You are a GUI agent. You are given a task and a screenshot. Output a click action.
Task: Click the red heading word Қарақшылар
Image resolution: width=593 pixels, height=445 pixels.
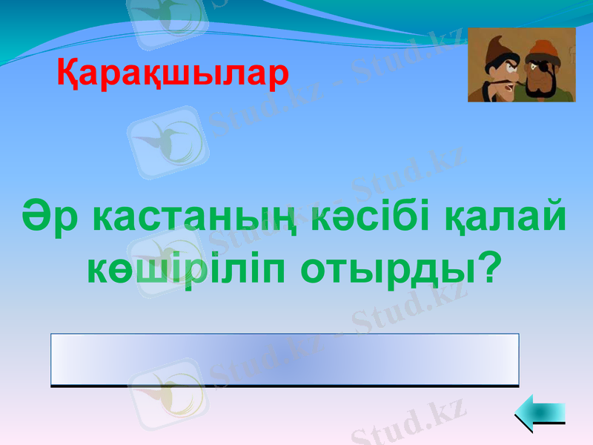click(x=172, y=74)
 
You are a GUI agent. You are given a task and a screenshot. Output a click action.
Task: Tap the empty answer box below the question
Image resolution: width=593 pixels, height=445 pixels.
click(x=285, y=360)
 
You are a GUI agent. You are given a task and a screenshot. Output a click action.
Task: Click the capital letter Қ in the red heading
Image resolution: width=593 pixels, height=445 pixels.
click(x=67, y=74)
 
